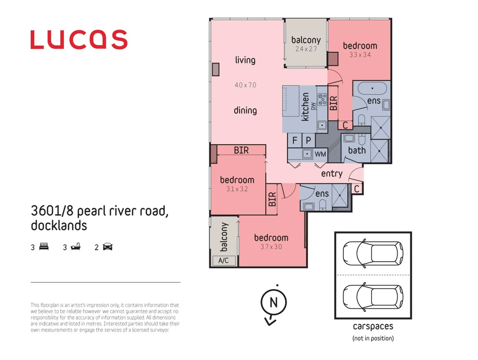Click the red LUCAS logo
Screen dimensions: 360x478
pos(79,40)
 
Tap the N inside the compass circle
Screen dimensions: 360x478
pos(274,302)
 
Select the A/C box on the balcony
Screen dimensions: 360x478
pos(224,260)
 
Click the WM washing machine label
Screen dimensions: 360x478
pos(320,154)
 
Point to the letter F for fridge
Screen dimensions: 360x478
pos(295,140)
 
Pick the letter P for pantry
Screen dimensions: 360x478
pos(308,140)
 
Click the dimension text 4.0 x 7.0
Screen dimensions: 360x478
pos(245,85)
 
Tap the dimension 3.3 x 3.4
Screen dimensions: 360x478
pos(360,55)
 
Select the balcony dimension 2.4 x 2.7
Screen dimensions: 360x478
pos(306,49)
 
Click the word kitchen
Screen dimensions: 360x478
pos(305,107)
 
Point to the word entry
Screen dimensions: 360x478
pos(332,174)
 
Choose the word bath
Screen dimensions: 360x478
pos(357,150)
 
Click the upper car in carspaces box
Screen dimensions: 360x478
pos(373,253)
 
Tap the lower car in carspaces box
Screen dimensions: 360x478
pos(373,297)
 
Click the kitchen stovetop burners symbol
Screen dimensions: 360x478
pos(322,99)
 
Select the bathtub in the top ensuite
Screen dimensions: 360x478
pos(372,89)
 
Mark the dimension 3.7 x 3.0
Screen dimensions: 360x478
pos(271,247)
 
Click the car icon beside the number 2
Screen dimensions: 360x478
pos(108,247)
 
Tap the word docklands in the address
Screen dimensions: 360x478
pos(59,226)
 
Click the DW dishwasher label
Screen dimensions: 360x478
pos(313,106)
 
